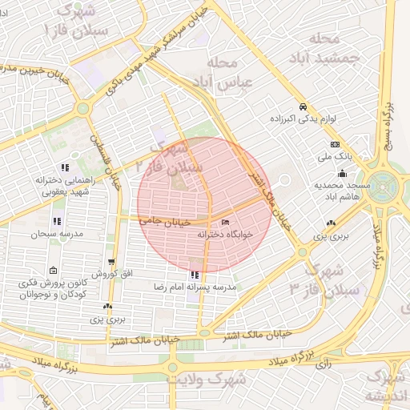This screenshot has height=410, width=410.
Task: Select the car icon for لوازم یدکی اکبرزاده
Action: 303,107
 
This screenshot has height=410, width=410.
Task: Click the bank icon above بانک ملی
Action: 335,144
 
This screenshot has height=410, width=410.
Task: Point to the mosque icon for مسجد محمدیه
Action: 343,174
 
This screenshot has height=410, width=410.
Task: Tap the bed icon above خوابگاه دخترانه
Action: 225,222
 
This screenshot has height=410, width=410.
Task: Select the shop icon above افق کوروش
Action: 111,262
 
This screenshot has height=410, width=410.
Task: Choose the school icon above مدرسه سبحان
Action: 56,221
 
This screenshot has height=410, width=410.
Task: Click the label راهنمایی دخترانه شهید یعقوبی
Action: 65,186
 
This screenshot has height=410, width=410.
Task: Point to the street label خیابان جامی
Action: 163,218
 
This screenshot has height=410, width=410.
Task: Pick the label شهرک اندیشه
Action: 386,386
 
